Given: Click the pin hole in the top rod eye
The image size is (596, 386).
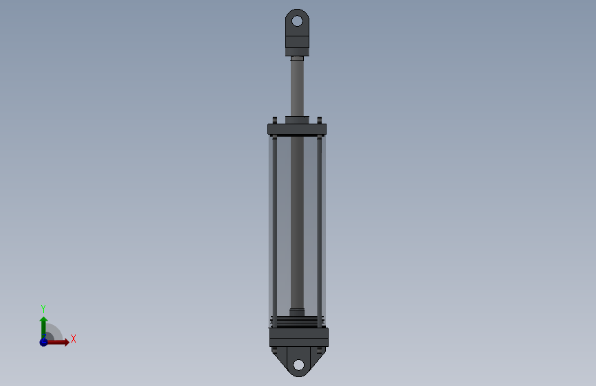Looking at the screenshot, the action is click(x=297, y=21).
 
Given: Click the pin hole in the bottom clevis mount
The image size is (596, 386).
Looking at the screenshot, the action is click(x=299, y=365).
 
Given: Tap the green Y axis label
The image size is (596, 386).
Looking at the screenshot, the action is click(x=43, y=308).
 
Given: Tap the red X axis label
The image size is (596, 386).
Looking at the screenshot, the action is click(x=74, y=339).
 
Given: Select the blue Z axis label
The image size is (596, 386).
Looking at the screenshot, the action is click(x=44, y=337).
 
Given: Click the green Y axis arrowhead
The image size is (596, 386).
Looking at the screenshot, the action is click(x=44, y=320).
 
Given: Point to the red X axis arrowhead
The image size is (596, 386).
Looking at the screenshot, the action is click(x=67, y=342).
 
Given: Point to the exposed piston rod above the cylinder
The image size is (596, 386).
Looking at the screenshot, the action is click(x=297, y=88).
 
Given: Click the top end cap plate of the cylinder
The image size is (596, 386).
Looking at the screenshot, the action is click(x=297, y=129).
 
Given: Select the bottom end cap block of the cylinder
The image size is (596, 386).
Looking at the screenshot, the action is click(x=299, y=337).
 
